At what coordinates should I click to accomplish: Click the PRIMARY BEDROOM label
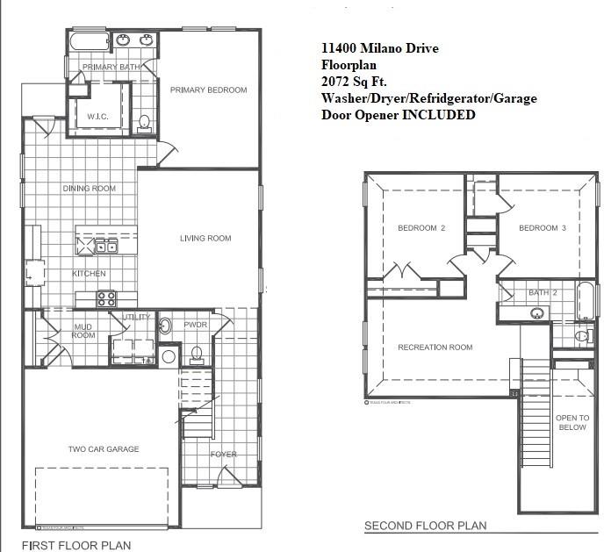208,90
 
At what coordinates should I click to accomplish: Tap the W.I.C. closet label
97,116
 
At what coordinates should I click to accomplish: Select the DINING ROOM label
89,189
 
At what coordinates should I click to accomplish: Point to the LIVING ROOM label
205,238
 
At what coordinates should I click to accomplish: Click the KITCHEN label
89,274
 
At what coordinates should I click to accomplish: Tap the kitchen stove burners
106,298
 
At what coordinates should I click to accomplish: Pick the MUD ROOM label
83,330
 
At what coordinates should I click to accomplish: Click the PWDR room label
195,325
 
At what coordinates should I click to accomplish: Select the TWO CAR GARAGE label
104,449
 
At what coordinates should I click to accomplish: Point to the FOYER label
223,454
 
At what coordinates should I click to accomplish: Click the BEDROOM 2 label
421,228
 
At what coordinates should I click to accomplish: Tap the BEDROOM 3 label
543,228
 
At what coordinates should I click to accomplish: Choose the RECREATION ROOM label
435,348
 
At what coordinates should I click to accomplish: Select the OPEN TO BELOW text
571,422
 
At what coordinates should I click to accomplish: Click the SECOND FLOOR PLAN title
426,527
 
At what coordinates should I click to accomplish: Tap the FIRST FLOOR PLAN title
75,545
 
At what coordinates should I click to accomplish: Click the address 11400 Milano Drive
380,48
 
